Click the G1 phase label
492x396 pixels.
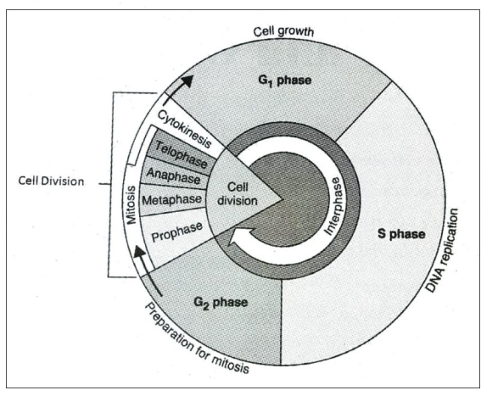[x=284, y=81]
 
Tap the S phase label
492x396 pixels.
[x=401, y=234]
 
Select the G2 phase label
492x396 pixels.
[x=221, y=303]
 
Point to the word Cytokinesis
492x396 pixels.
[x=185, y=129]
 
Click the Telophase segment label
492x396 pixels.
[x=182, y=154]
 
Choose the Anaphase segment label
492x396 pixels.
[x=173, y=176]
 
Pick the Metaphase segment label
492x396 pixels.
[x=171, y=200]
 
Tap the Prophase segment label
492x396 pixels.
[x=177, y=232]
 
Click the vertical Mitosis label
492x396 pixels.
[x=131, y=204]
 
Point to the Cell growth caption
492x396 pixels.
[x=283, y=31]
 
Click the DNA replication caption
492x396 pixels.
[x=442, y=251]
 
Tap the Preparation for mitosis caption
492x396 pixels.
[x=197, y=338]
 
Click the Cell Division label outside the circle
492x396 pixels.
[x=51, y=181]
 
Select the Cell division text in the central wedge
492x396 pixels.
[x=238, y=194]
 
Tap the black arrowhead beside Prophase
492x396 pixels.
[x=140, y=252]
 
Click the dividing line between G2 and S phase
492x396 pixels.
[x=281, y=322]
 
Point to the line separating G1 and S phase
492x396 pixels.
[x=363, y=111]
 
